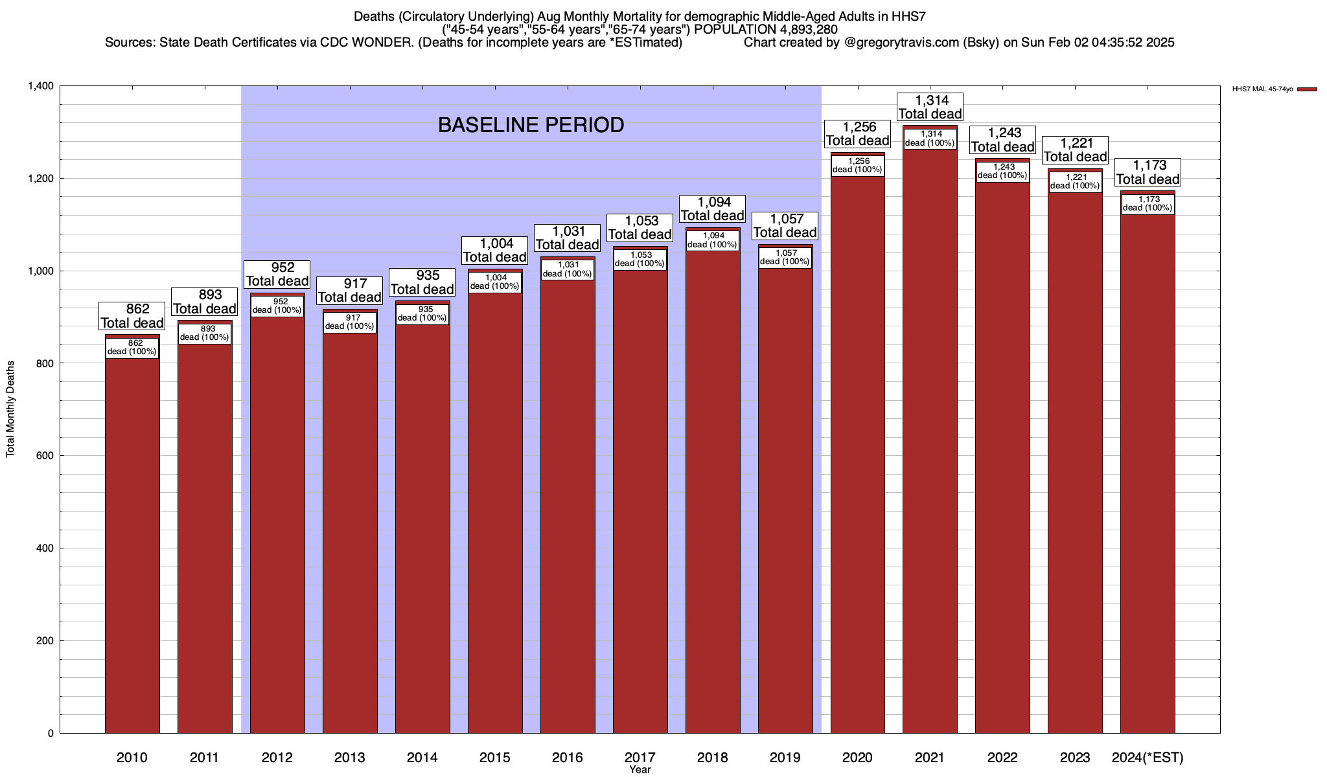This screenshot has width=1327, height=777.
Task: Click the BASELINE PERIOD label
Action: (531, 125)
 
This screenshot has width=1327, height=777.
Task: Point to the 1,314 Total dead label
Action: (930, 107)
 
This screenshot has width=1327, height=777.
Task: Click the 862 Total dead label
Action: (132, 316)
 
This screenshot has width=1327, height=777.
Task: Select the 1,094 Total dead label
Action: (712, 209)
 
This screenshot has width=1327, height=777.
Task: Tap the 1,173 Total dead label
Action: (1148, 173)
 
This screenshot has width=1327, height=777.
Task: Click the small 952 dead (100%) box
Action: (277, 306)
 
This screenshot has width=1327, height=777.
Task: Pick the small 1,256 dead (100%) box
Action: (857, 166)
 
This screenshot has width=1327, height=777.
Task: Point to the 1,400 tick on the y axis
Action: (40, 86)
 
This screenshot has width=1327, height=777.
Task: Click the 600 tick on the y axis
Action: (45, 456)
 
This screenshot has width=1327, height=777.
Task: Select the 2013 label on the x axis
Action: (349, 757)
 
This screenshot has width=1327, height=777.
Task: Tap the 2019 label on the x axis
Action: (785, 757)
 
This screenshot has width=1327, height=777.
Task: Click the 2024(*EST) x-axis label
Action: (1148, 757)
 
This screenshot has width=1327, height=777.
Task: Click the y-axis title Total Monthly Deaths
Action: (10, 409)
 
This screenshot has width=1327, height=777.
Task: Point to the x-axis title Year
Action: (640, 770)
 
